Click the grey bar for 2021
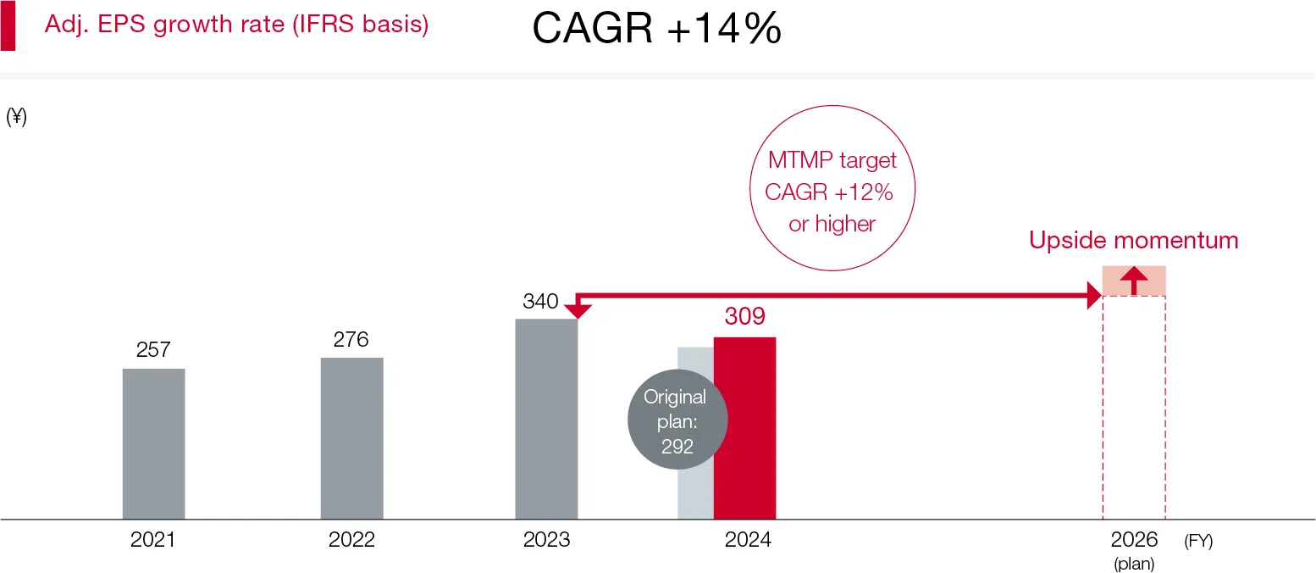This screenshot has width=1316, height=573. coord(153,443)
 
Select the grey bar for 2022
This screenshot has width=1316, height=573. coord(351,437)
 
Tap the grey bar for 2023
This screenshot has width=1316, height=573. coord(546,419)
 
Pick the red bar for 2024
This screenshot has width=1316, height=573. coord(744,428)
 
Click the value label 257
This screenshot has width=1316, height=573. coord(153,350)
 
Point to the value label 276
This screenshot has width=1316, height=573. coord(351,339)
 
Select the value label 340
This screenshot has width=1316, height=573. coord(540,302)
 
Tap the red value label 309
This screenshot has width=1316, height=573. coord(744,317)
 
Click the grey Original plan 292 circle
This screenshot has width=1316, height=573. coord(677,421)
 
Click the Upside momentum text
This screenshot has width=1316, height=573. coord(1133,241)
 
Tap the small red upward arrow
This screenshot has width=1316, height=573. coord(1134,281)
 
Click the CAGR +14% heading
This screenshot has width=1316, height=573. coord(656,31)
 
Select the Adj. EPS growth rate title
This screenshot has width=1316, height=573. coord(236,25)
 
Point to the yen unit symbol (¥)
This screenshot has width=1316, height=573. coord(16,118)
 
